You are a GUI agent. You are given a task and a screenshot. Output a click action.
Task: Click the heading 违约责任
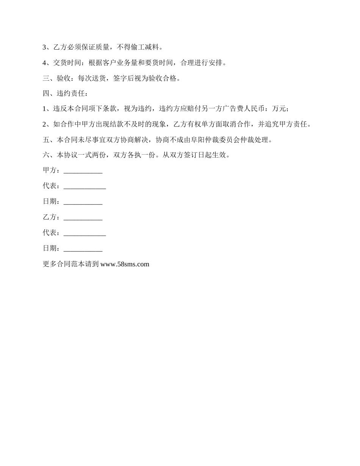coord(70,94)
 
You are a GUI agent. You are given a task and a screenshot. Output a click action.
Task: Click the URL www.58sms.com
coord(125,264)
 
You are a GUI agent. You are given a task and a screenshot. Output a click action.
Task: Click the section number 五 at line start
coord(46,140)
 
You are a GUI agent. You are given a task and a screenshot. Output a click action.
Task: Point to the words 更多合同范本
coord(63,264)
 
